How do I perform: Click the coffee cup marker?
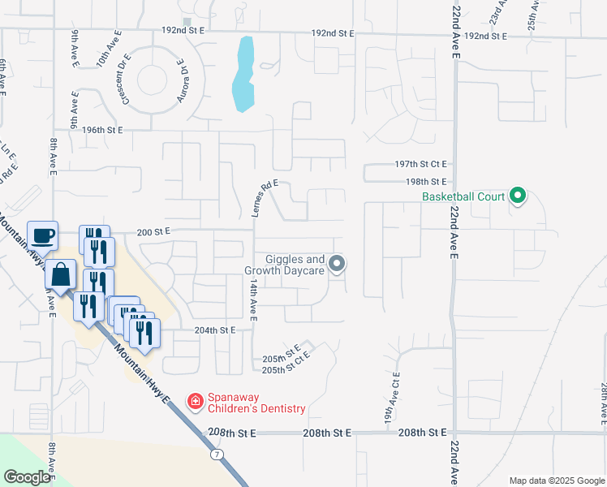42,236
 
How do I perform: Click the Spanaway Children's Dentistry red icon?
195,401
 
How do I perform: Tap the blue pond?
242,75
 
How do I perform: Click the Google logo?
28,477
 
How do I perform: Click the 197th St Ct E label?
421,163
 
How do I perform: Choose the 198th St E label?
427,182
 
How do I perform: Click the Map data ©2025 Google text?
555,481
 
